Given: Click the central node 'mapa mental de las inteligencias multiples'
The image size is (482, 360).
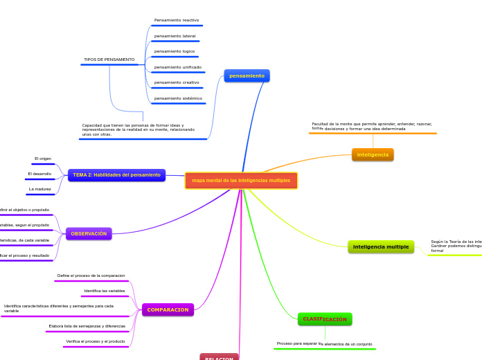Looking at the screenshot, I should click(x=241, y=181).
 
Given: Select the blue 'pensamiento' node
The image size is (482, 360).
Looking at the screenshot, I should click(x=247, y=75).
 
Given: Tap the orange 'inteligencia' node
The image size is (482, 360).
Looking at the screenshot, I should click(x=373, y=154).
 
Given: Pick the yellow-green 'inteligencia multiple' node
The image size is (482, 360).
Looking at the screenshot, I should click(x=381, y=246).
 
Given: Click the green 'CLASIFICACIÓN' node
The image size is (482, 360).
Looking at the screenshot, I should click(x=325, y=319).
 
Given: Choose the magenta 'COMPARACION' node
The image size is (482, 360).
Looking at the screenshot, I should click(x=168, y=309).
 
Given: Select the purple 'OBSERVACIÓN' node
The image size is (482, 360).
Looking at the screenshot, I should click(x=89, y=234).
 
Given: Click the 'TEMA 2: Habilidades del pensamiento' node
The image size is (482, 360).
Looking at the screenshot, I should click(x=116, y=175).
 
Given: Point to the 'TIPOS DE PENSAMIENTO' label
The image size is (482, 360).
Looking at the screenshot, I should click(x=109, y=60).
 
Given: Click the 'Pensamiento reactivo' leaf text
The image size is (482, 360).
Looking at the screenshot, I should click(x=177, y=20).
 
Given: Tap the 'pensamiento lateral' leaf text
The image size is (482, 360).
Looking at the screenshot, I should click(x=175, y=36).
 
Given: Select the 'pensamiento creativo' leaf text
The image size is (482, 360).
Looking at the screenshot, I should click(x=177, y=82).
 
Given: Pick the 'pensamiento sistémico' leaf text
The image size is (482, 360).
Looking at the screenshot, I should click(x=178, y=98).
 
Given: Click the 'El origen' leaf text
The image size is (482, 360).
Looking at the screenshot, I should click(x=43, y=159).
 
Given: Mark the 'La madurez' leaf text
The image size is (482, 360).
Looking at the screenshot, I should click(x=40, y=189).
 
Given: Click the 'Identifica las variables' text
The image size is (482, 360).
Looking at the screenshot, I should click(x=105, y=291).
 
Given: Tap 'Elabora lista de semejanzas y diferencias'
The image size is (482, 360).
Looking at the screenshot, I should click(x=87, y=325).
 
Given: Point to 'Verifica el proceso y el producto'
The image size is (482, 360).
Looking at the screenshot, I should click(x=96, y=341).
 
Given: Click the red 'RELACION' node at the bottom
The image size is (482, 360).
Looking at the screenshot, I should click(x=219, y=358).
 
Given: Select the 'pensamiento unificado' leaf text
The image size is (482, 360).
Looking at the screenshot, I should click(x=178, y=67).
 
